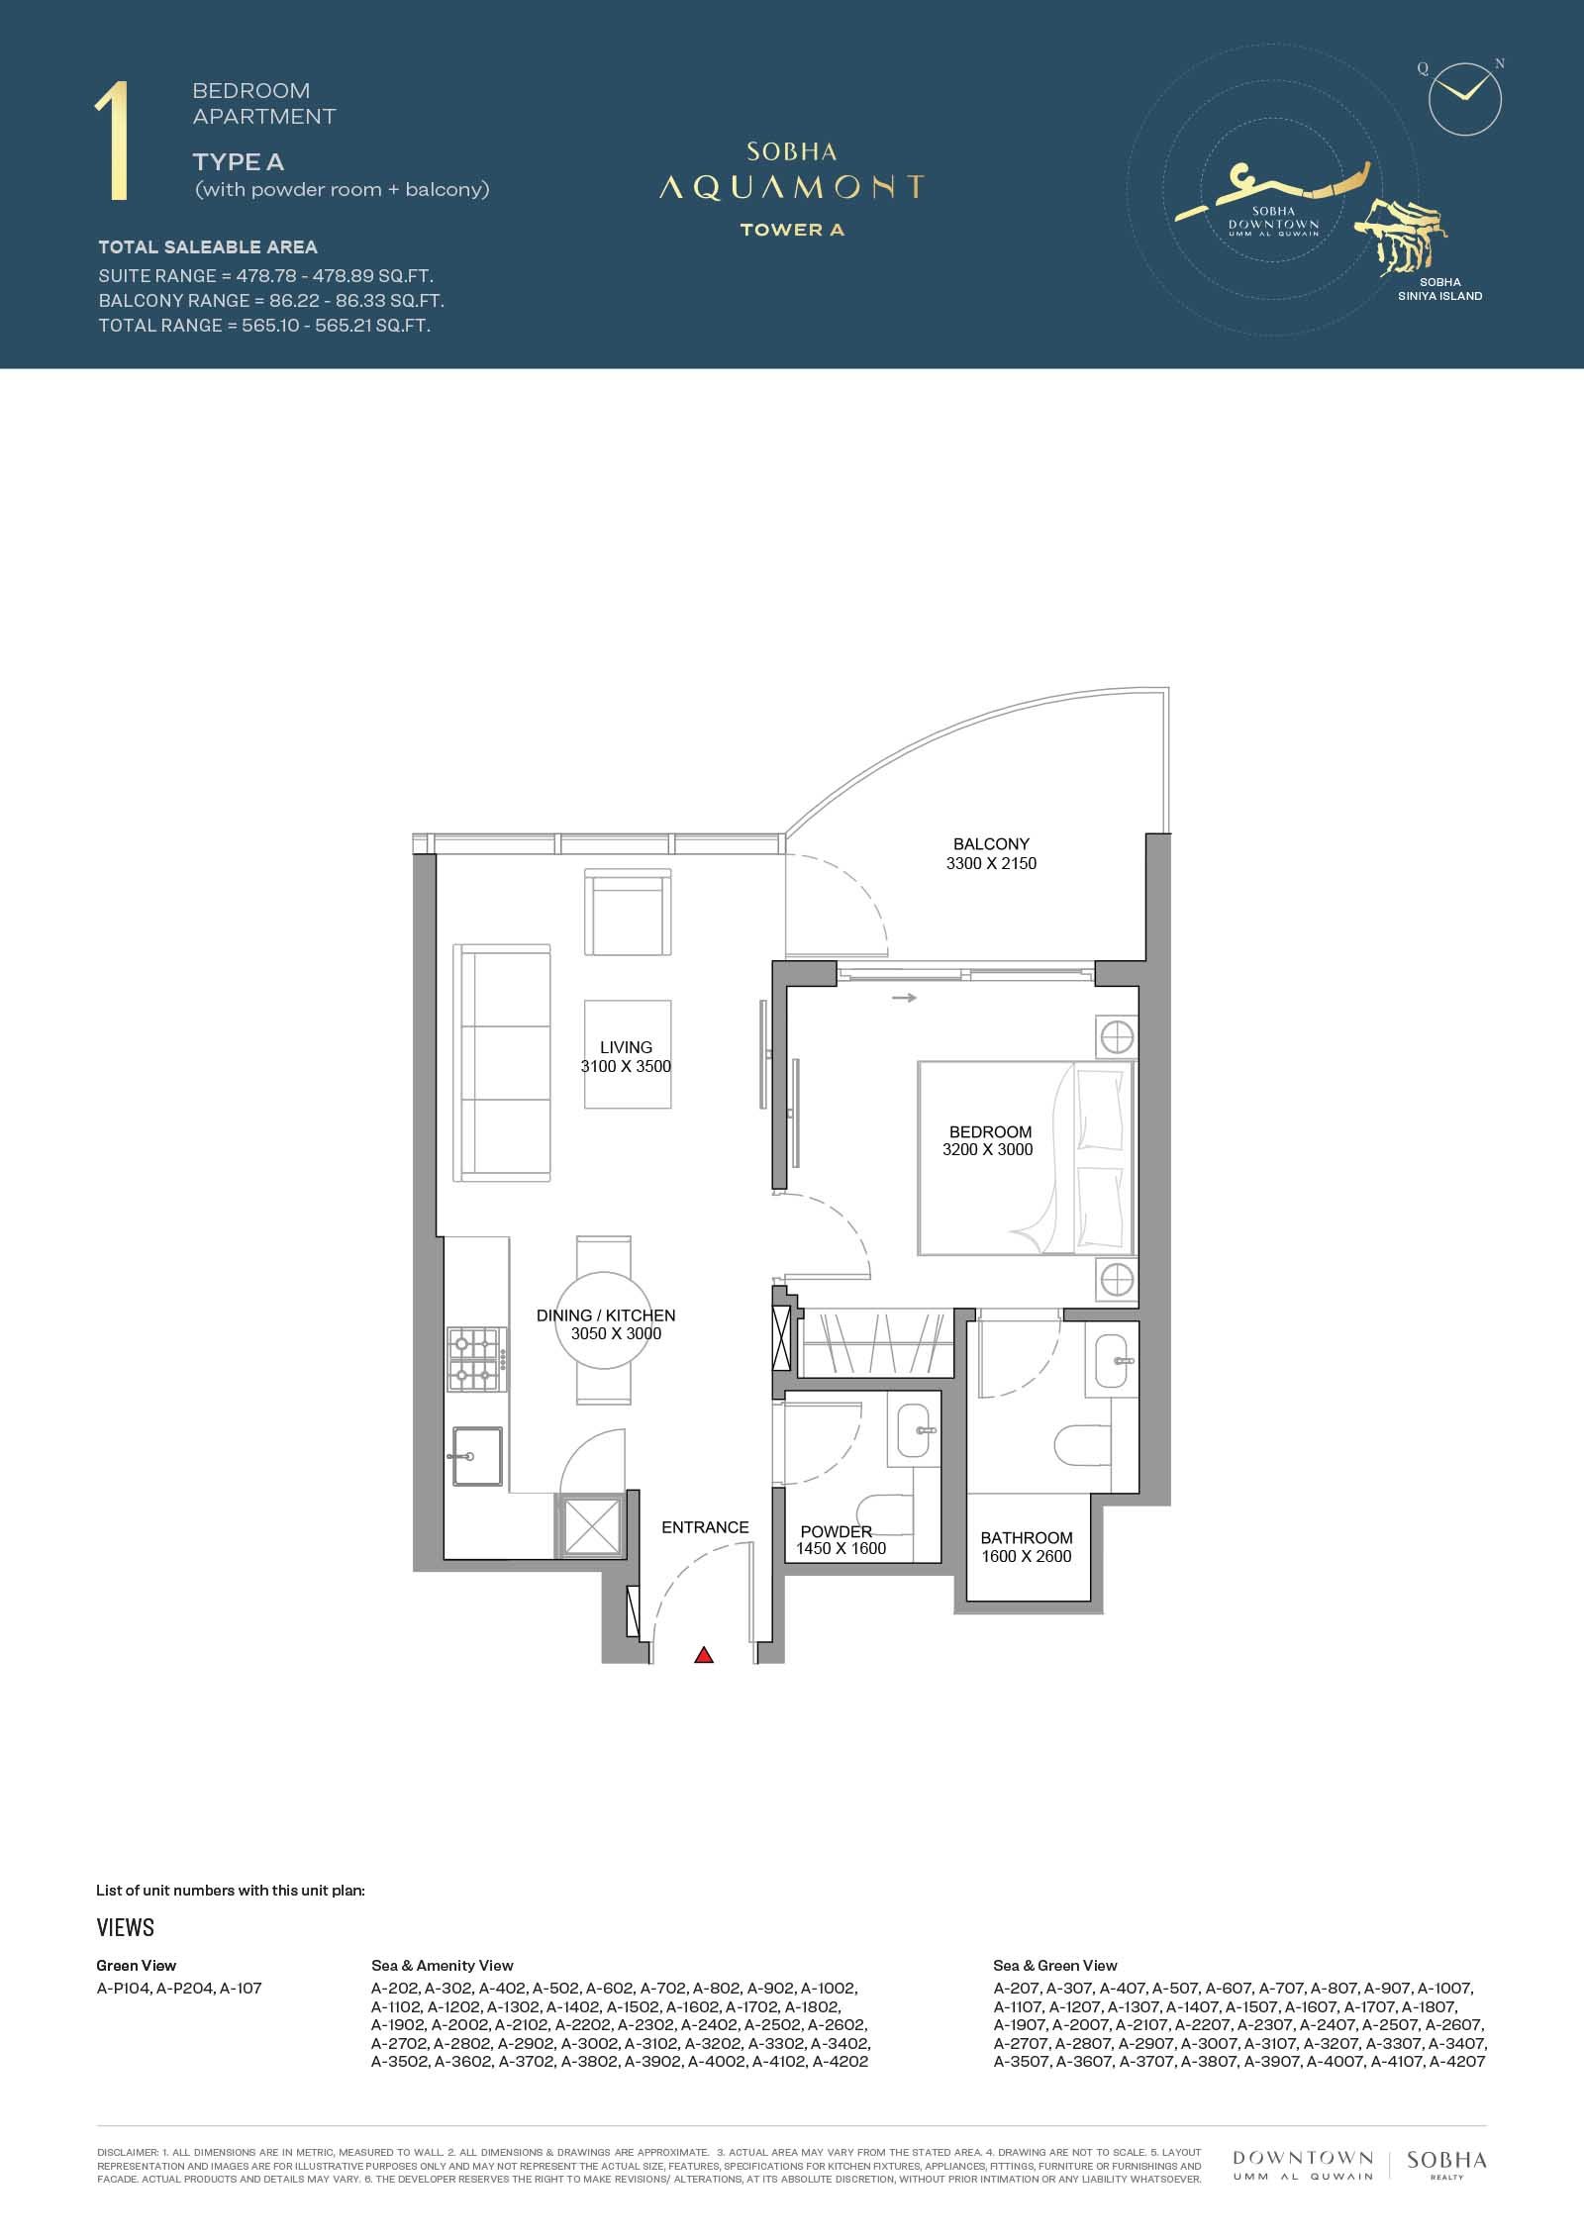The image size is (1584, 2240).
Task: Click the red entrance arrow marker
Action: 703,1654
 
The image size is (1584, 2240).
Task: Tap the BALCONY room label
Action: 991,844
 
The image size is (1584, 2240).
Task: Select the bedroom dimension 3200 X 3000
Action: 987,1149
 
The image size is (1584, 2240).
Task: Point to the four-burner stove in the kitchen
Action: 476,1359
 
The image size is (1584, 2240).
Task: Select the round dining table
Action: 604,1319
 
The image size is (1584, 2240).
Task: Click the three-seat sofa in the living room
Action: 502,1062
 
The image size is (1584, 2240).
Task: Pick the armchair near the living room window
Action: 628,913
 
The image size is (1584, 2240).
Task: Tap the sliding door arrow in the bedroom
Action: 904,998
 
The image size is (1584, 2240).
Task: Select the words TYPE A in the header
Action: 239,162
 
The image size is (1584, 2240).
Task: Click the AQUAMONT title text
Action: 792,187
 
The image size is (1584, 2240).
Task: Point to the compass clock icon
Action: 1465,99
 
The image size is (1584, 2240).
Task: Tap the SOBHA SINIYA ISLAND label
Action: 1439,289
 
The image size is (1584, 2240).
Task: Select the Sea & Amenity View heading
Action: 443,1966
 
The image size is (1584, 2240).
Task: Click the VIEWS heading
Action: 126,1927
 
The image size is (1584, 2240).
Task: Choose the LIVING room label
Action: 626,1047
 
